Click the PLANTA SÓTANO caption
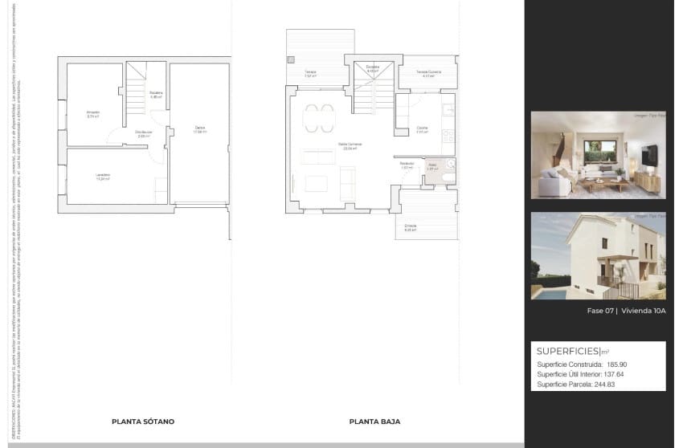point(143,422)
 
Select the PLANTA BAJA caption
point(374,422)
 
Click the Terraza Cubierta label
point(428,72)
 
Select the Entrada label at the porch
point(411,227)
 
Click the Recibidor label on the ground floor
point(407,164)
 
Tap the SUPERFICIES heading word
point(567,351)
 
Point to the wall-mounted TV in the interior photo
point(650,153)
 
